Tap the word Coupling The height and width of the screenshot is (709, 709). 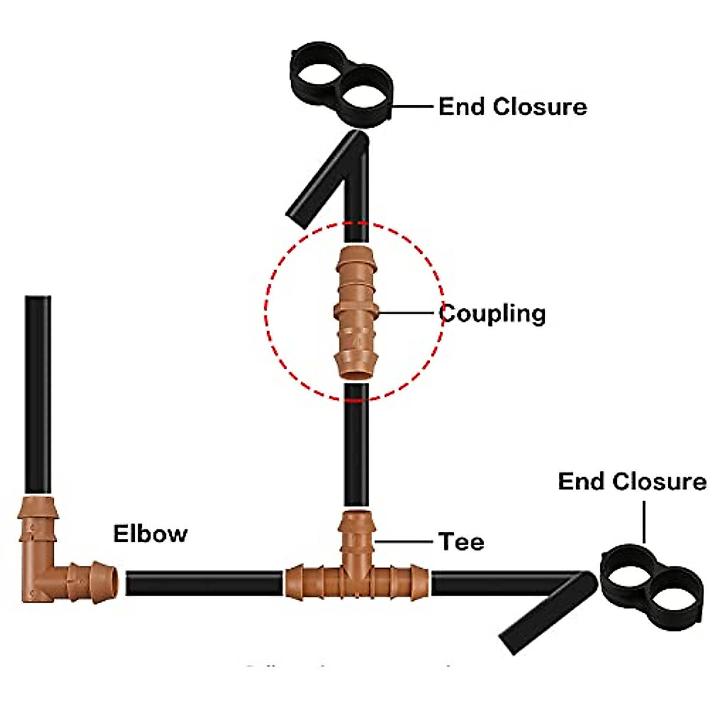coord(492,314)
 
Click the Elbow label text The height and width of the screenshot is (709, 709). coord(150,534)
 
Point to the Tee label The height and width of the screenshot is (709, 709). coord(461,542)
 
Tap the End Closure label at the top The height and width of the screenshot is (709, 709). coord(512,107)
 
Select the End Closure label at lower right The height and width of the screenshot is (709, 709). coord(632,482)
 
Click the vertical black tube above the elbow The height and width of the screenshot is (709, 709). coord(38,393)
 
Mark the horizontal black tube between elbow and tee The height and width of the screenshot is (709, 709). coord(204,583)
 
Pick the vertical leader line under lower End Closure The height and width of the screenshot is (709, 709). coord(644,522)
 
